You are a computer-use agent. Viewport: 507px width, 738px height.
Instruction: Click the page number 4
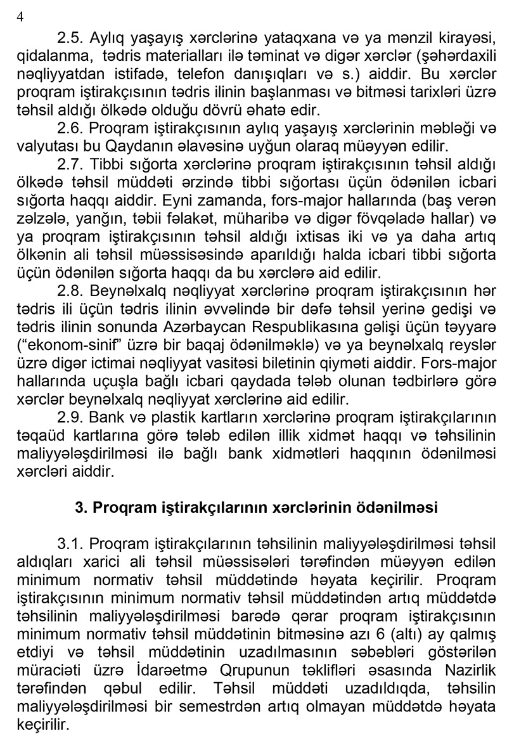(x=18, y=17)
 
